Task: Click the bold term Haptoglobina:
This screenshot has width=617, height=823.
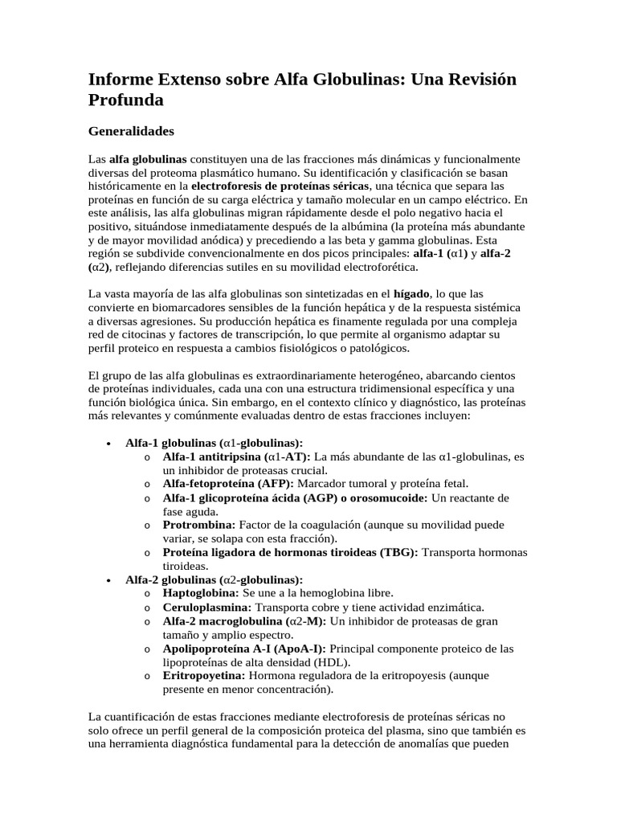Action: pos(200,592)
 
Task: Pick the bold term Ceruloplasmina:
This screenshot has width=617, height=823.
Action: pos(207,607)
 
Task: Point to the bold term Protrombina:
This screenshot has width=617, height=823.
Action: pos(198,524)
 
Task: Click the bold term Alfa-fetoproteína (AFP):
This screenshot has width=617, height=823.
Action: pos(228,483)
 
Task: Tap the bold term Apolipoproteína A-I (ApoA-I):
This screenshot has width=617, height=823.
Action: pos(244,648)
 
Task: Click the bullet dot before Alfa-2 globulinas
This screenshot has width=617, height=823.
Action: pos(108,579)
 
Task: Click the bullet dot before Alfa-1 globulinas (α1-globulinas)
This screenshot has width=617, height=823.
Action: pos(108,443)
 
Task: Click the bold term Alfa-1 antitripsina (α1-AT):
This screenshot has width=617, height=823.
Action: pos(236,456)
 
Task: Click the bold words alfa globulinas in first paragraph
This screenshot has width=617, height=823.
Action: pos(148,158)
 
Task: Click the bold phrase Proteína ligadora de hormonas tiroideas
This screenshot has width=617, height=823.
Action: pos(289,552)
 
